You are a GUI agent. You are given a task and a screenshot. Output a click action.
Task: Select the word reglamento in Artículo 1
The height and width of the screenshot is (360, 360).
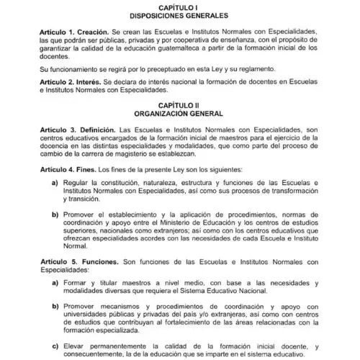pyautogui.click(x=253, y=71)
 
